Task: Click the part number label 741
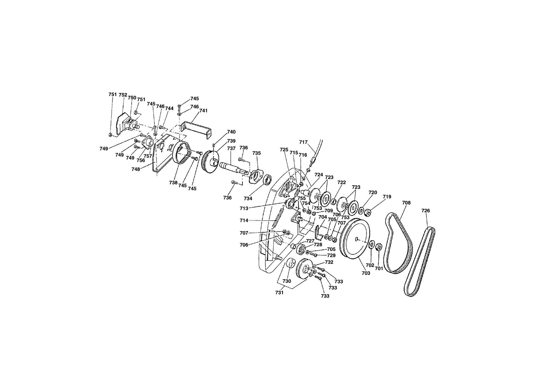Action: tap(203, 111)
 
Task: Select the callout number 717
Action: tap(303, 142)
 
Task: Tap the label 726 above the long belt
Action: tap(426, 211)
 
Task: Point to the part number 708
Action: tap(406, 203)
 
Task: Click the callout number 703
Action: tap(366, 273)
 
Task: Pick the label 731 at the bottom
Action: tap(279, 293)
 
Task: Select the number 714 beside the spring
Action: tap(244, 221)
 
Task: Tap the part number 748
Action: tap(136, 169)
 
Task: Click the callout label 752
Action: tap(123, 95)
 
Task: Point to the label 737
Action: tap(231, 149)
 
